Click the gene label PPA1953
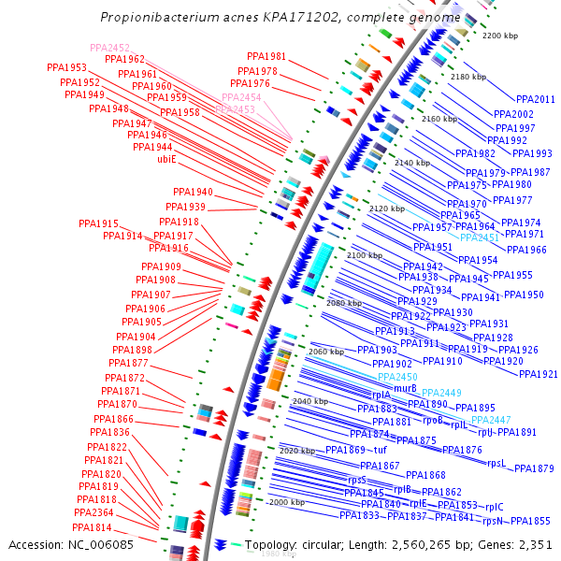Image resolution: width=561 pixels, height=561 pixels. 66,68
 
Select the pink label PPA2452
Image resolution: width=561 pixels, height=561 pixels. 110,48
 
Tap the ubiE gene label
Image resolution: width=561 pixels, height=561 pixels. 166,159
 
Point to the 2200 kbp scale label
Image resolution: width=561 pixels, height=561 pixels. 499,36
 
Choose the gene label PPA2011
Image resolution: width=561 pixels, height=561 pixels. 536,99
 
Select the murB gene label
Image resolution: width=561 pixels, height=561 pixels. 405,388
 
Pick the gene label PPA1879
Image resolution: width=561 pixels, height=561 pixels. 534,468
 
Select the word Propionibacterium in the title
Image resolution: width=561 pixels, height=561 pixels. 158,18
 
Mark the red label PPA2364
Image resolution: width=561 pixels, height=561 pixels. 93,512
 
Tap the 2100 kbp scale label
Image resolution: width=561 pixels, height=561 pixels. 365,255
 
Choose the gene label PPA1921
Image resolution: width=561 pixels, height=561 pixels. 538,374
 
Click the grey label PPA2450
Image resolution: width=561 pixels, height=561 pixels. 397,377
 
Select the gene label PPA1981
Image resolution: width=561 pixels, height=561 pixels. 266,57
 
